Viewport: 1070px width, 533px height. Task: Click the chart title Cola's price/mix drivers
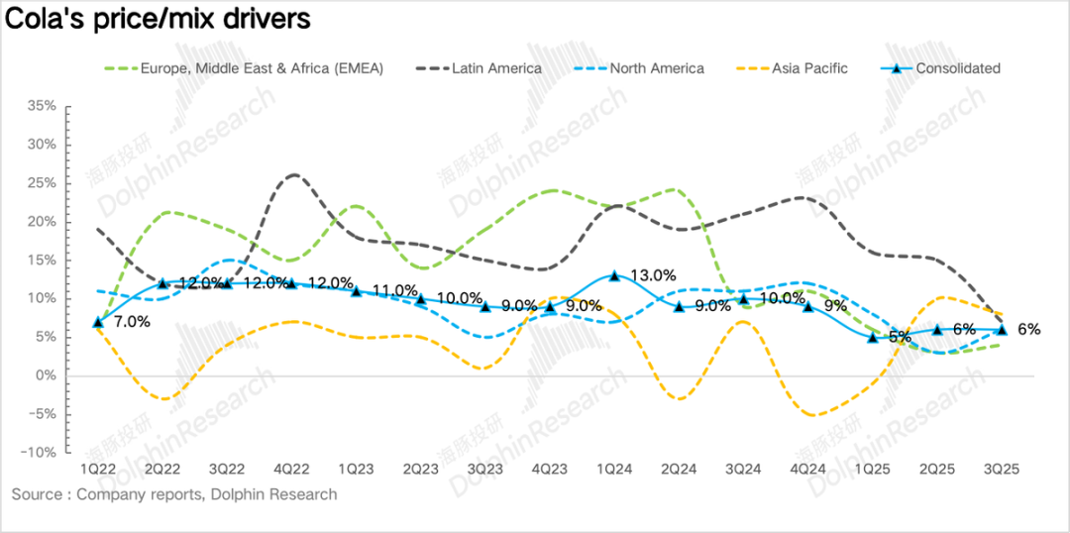click(158, 19)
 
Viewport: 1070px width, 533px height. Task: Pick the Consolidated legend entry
click(957, 68)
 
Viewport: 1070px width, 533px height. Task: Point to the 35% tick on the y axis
click(43, 105)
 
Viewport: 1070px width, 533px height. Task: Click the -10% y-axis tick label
click(41, 452)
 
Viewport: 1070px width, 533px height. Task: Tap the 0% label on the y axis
click(48, 375)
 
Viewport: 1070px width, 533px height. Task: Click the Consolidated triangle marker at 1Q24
click(614, 275)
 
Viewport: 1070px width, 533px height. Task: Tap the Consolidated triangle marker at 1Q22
click(97, 322)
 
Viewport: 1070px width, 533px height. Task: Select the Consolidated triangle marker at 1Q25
click(873, 337)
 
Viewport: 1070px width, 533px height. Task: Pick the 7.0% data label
click(132, 322)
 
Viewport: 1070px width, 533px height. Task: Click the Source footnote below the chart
click(174, 494)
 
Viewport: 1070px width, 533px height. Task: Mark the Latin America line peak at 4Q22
click(294, 175)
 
